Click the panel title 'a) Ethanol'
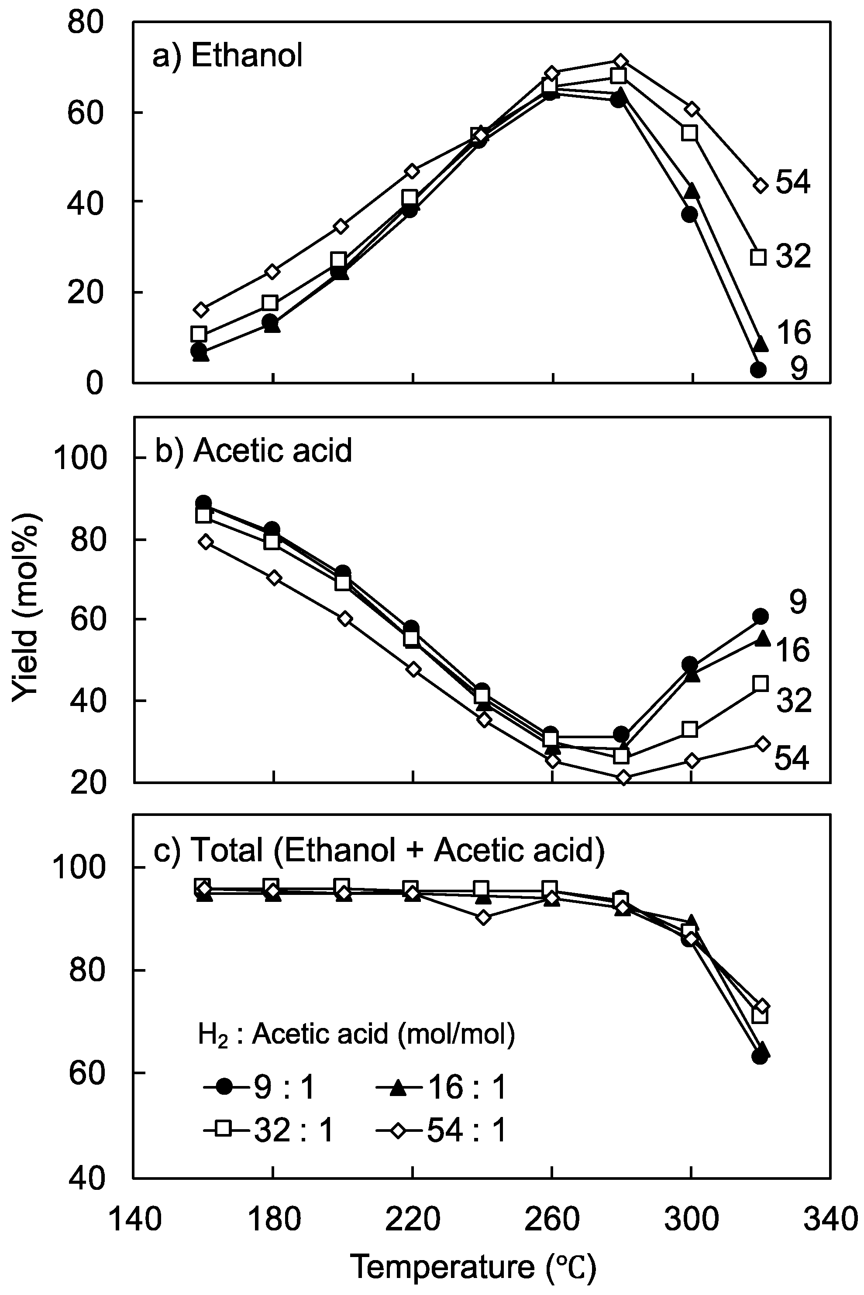[x=227, y=57]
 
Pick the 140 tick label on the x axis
[x=134, y=1219]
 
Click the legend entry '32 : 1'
[x=268, y=1132]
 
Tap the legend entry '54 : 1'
[x=441, y=1132]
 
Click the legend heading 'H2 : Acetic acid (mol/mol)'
[x=356, y=1035]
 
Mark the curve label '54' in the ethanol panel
[x=793, y=183]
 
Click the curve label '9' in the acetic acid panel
[x=797, y=602]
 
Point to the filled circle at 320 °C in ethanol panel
[x=759, y=370]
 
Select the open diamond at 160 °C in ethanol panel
[x=202, y=309]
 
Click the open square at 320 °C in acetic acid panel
[x=761, y=684]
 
